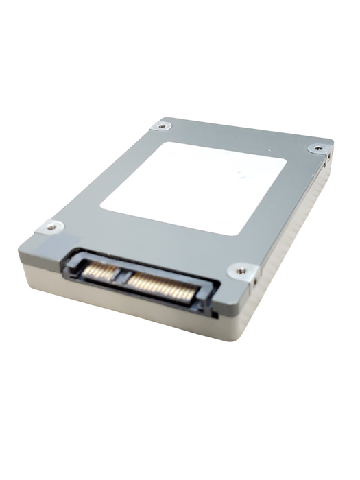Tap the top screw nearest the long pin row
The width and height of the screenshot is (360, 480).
241,271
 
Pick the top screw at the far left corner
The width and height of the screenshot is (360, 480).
161,125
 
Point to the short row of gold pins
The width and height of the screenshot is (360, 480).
99,272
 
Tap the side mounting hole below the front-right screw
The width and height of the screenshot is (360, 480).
254,280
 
